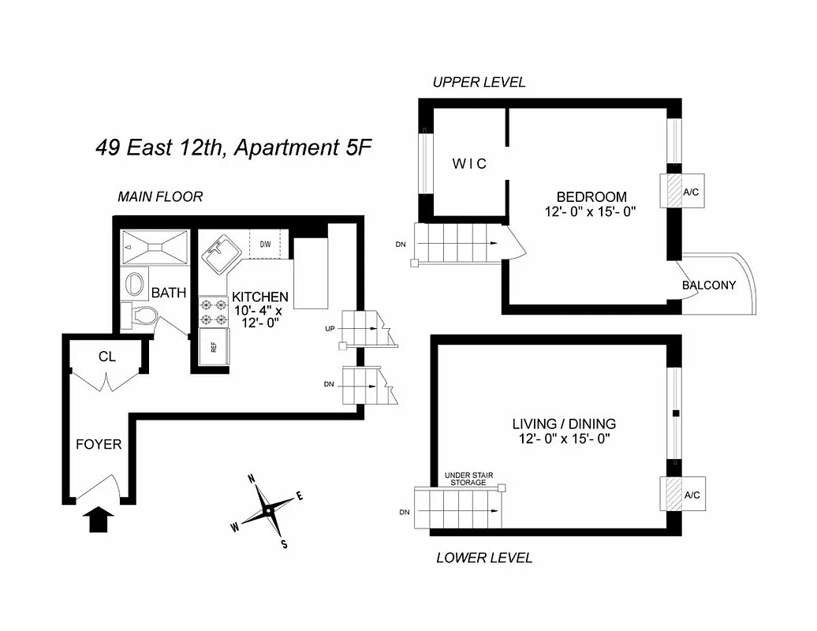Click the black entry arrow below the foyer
[99, 520]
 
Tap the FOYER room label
[99, 444]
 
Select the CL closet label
[107, 357]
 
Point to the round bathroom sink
[135, 282]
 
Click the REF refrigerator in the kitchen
[213, 348]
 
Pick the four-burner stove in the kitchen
[213, 312]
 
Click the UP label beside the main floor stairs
[331, 327]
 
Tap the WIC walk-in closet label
[469, 164]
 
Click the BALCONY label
[709, 285]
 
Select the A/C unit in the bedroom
[675, 192]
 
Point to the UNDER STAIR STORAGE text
[468, 478]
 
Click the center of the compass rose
[268, 510]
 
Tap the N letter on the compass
[252, 479]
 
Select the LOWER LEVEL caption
[484, 558]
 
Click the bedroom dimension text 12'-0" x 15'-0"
[590, 211]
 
